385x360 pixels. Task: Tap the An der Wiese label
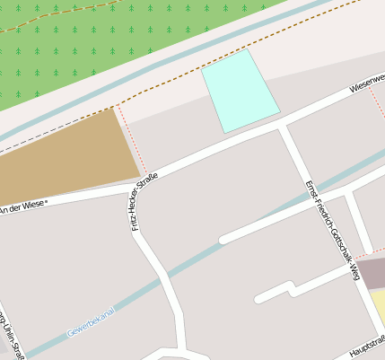click(x=23, y=206)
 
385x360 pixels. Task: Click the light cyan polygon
click(x=240, y=91)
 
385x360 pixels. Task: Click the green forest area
click(x=90, y=45)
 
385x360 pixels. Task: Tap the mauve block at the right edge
click(x=372, y=275)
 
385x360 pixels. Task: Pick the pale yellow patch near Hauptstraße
click(x=379, y=309)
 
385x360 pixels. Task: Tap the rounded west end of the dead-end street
click(x=223, y=240)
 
